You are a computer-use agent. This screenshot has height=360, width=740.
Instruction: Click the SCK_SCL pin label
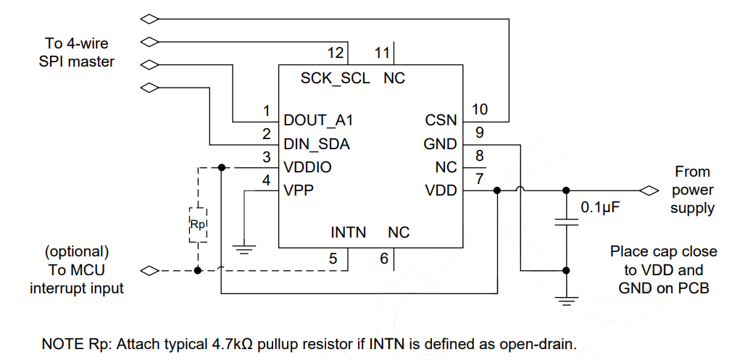[x=335, y=78]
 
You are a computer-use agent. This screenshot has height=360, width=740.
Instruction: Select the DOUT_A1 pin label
[x=319, y=120]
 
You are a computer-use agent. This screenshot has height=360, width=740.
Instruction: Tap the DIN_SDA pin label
[x=317, y=144]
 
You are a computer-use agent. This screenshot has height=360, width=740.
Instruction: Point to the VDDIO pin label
[x=307, y=167]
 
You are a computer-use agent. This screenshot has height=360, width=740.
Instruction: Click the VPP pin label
[x=299, y=191]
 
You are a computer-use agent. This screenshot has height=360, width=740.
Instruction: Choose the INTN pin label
[x=348, y=233]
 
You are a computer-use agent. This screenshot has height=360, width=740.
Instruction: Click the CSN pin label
[x=441, y=120]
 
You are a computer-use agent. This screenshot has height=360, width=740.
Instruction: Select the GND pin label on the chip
[x=440, y=144]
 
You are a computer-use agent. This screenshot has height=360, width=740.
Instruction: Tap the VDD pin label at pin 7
[x=441, y=191]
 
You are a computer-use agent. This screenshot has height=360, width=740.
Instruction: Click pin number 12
[x=335, y=53]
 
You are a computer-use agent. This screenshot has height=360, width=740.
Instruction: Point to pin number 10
[x=480, y=109]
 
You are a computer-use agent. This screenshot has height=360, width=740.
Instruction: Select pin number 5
[x=333, y=257]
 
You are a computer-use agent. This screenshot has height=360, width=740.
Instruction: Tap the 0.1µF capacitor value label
[x=602, y=208]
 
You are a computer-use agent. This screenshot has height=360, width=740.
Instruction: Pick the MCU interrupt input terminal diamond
[x=149, y=272]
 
